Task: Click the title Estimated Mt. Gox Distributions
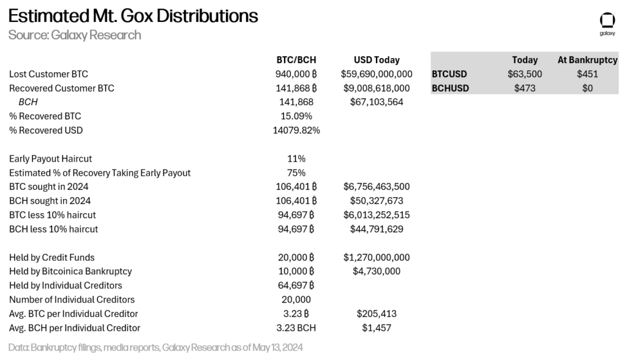point(133,15)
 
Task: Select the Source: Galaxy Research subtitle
point(75,35)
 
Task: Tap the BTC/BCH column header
point(296,60)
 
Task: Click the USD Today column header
point(377,60)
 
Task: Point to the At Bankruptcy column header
point(587,60)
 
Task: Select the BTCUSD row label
point(449,74)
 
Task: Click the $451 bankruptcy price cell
point(587,74)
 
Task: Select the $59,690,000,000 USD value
point(377,74)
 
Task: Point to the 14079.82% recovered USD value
point(296,130)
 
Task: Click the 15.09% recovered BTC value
point(296,116)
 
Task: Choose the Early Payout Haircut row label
point(51,159)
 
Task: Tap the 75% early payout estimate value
point(296,173)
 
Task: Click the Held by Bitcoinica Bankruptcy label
point(70,271)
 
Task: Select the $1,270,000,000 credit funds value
point(377,257)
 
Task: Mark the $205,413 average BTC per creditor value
point(377,313)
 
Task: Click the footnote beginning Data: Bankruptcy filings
point(156,347)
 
